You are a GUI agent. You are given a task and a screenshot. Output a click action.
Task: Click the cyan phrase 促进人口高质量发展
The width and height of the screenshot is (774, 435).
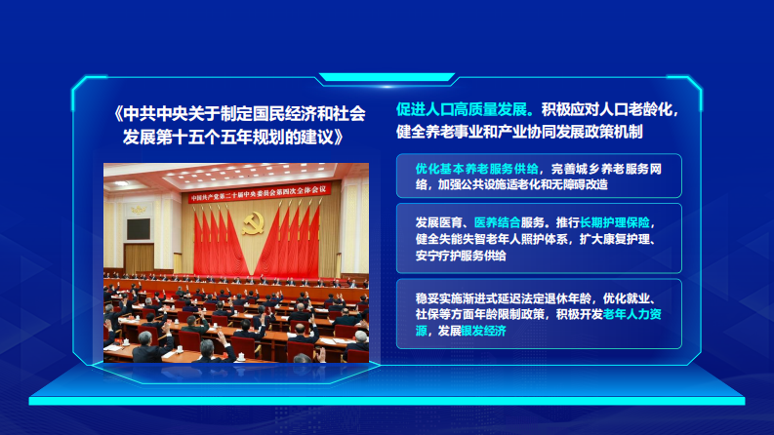tap(462, 108)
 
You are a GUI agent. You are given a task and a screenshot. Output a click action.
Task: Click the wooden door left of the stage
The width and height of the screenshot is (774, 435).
tap(140, 257)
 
